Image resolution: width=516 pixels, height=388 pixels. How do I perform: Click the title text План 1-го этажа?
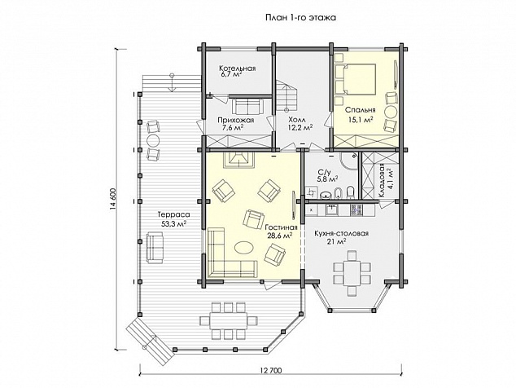pos(300,17)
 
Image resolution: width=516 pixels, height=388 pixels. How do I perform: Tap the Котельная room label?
pos(238,68)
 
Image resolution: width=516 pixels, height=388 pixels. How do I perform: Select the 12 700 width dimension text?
pos(271,371)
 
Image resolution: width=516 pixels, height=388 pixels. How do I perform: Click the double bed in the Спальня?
pos(356,79)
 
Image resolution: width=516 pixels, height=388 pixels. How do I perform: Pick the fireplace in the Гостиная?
pos(239,160)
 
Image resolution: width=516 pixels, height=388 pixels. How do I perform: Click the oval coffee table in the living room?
pos(244,247)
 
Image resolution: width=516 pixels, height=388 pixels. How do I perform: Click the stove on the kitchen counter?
pos(356,209)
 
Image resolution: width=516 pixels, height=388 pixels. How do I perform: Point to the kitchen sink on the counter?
pos(331,209)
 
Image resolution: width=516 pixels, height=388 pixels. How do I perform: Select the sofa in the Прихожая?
pos(248,106)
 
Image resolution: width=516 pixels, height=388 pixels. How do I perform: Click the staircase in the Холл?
pos(286,95)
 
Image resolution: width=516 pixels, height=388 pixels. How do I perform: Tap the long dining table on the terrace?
pos(228,320)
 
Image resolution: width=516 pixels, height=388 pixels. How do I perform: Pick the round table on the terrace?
pos(152,140)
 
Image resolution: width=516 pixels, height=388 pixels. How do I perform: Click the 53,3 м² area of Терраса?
pos(173,224)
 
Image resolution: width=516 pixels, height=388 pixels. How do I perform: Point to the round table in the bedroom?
pos(391,112)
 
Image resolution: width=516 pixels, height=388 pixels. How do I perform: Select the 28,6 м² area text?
pos(279,236)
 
